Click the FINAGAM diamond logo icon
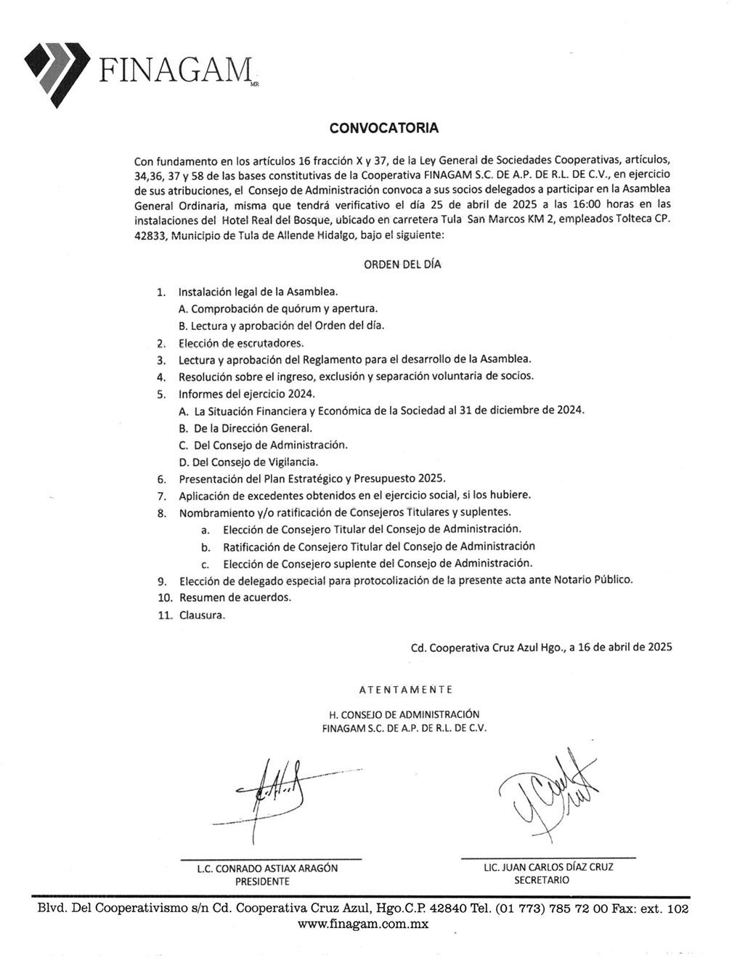[x=57, y=71]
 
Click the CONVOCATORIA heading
[x=383, y=129]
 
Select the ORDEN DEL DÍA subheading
[x=402, y=265]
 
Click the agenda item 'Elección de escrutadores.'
[x=241, y=343]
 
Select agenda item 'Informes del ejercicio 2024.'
[x=247, y=394]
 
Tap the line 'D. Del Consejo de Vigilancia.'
[x=248, y=462]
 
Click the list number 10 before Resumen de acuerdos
[x=165, y=597]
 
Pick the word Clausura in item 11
[x=202, y=615]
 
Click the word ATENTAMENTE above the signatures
[x=405, y=689]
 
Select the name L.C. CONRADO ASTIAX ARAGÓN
[x=267, y=868]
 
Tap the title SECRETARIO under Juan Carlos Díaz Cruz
[x=541, y=879]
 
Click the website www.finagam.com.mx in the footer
[x=363, y=924]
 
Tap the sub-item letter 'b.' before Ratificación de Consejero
[x=206, y=547]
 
